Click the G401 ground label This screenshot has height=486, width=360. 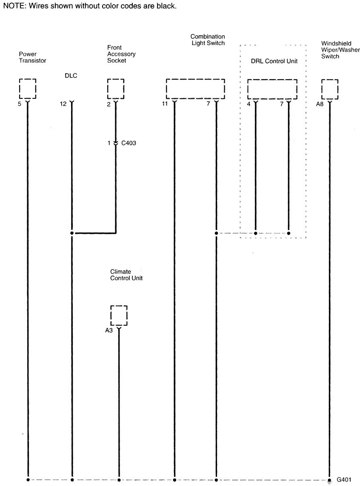pyautogui.click(x=344, y=480)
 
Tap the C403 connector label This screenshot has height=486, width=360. pyautogui.click(x=129, y=144)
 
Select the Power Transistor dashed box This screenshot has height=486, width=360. pyautogui.click(x=28, y=89)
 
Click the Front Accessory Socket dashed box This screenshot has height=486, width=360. pyautogui.click(x=116, y=89)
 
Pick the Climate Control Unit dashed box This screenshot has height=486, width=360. pyautogui.click(x=119, y=315)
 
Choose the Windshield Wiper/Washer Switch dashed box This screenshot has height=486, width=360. pyautogui.click(x=330, y=89)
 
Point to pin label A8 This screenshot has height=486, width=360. pyautogui.click(x=320, y=104)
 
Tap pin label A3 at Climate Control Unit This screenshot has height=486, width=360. pyautogui.click(x=109, y=330)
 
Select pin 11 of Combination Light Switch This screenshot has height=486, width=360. pyautogui.click(x=165, y=104)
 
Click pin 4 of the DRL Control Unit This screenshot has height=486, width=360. pyautogui.click(x=249, y=104)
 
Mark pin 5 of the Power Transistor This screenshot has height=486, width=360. pyautogui.click(x=20, y=104)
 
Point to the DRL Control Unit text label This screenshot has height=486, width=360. pyautogui.click(x=274, y=61)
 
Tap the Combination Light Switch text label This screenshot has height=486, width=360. pyautogui.click(x=208, y=40)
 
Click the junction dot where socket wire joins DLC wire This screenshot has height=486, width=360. pyautogui.click(x=71, y=233)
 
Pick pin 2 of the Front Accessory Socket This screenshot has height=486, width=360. pyautogui.click(x=109, y=104)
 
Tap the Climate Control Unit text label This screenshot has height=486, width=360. pyautogui.click(x=126, y=275)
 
